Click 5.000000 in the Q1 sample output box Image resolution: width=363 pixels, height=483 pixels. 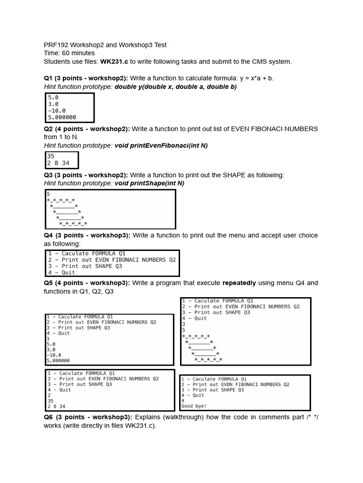62,117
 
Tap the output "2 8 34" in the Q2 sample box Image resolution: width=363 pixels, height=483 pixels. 58,163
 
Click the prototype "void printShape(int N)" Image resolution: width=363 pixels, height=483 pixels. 149,183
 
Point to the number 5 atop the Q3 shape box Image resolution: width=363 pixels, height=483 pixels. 48,193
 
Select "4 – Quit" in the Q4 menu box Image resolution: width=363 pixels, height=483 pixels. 61,272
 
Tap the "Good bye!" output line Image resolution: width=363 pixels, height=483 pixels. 194,406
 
